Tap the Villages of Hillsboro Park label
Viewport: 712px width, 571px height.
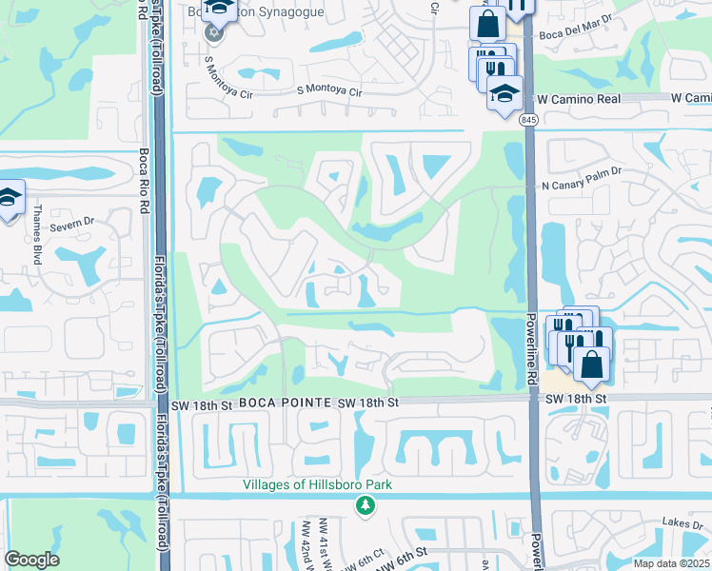coord(317,484)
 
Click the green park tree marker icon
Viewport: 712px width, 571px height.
coord(364,505)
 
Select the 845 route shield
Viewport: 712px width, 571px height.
coord(528,120)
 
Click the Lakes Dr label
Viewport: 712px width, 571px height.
coord(684,524)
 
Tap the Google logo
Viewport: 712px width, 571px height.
coord(32,560)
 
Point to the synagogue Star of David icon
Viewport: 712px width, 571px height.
coord(213,33)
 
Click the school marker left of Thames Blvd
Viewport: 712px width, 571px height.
coord(10,198)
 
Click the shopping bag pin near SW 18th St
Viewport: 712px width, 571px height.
coord(592,363)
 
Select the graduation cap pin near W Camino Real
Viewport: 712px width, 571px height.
coord(504,93)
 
